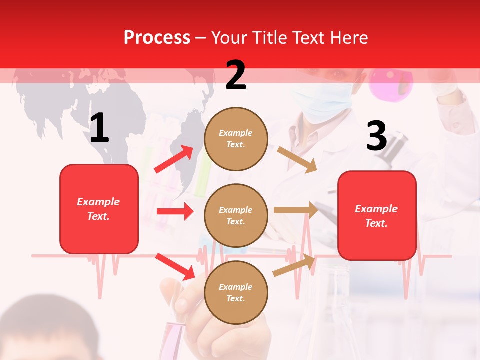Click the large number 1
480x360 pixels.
point(99,128)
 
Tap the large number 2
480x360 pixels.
point(236,75)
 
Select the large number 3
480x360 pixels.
point(377,136)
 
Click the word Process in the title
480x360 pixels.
point(157,37)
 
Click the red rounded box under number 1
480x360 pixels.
point(99,209)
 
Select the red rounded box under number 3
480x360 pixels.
point(377,215)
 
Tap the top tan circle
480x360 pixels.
point(236,139)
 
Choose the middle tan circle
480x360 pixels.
point(236,215)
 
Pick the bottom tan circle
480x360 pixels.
point(236,292)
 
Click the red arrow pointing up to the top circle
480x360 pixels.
point(174,159)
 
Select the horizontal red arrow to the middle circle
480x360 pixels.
point(175,211)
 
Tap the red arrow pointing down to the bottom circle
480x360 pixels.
point(175,266)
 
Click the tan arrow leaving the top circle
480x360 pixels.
point(297,159)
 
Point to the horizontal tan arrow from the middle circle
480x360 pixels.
point(296,210)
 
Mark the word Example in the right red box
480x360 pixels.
point(376,209)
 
